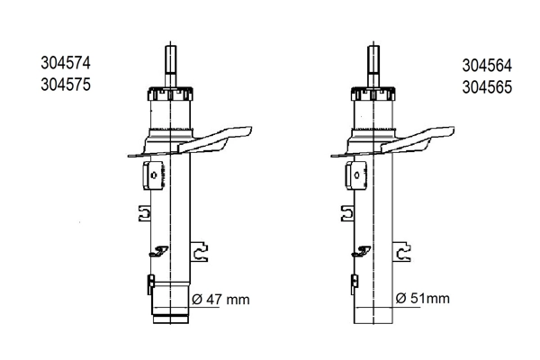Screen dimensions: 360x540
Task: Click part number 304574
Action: [x=66, y=64]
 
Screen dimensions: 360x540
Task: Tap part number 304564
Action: [x=487, y=67]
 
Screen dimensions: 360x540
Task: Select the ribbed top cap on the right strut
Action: [x=371, y=94]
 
